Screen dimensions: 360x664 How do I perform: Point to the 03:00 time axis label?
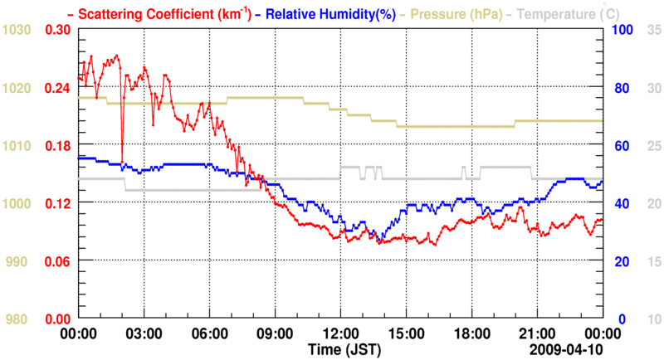point(144,334)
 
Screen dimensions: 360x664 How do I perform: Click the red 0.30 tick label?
point(58,31)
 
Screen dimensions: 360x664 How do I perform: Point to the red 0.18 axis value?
point(58,146)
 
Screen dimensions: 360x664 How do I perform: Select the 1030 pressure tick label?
point(17,31)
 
